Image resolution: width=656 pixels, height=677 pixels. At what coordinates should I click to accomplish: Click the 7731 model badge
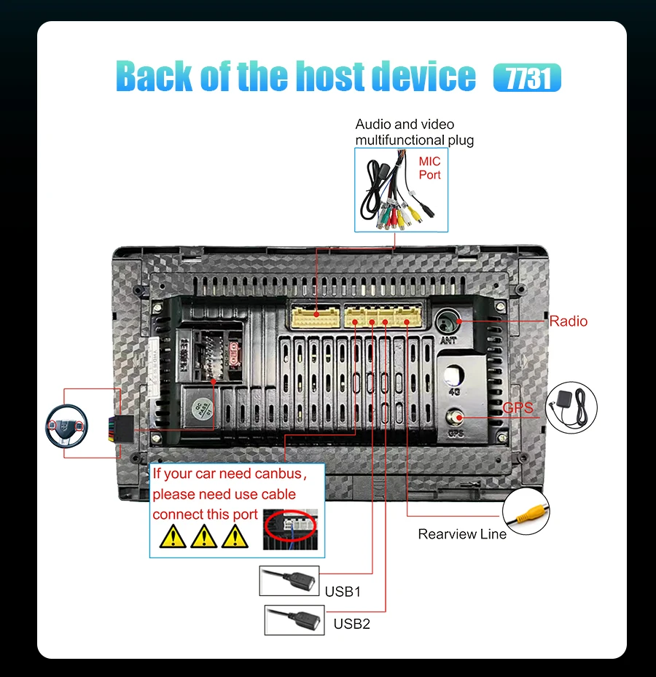point(527,78)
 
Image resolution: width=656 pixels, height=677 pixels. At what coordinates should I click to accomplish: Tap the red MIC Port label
point(429,168)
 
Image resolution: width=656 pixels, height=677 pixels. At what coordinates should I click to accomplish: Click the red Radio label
point(568,321)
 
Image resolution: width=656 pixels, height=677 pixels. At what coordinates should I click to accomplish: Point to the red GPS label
point(518,407)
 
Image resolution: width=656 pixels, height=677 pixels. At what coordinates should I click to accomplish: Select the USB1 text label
point(343,591)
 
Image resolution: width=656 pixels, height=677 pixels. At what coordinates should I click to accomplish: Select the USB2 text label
point(352,624)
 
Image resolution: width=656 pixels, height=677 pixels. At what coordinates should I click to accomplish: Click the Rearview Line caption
point(462,534)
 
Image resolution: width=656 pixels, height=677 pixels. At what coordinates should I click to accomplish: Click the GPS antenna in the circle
point(571,405)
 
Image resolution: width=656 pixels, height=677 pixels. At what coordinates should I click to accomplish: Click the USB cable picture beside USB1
point(289,581)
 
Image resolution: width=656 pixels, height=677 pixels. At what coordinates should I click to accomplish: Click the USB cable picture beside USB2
point(294,619)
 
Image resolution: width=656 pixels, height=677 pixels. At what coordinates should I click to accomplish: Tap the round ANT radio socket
point(448,321)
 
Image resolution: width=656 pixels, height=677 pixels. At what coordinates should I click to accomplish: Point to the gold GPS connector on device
point(455,418)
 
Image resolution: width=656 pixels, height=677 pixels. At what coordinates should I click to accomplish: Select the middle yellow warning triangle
point(203,537)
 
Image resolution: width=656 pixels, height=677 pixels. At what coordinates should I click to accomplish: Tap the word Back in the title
point(155,77)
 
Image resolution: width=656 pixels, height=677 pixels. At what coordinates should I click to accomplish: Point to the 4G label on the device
point(455,391)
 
